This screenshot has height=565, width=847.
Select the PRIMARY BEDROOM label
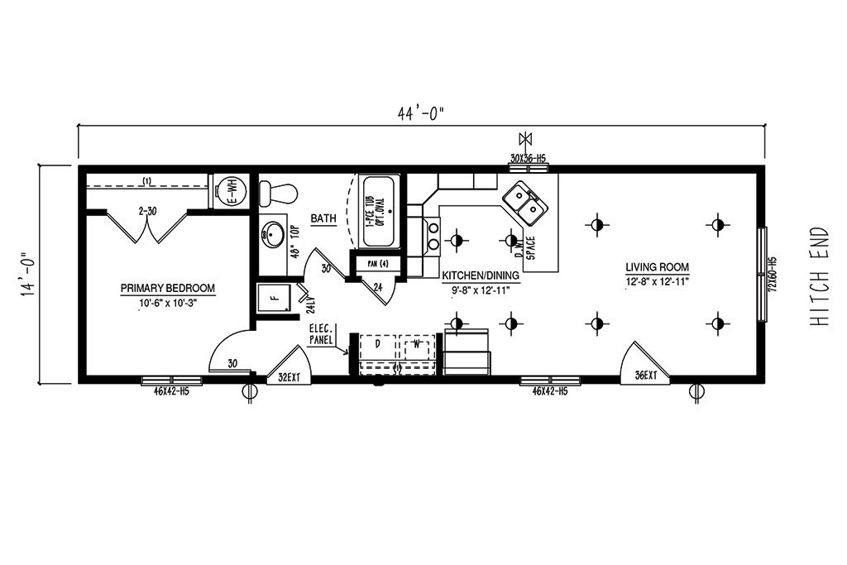(167, 289)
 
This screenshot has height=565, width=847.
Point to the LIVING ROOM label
(657, 267)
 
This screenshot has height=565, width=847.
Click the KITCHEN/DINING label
(481, 275)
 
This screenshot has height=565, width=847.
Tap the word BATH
(323, 218)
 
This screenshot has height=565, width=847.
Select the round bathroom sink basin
(271, 235)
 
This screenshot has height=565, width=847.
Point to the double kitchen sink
(523, 203)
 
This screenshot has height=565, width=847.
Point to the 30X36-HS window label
(529, 158)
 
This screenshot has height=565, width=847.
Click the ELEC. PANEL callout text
(321, 334)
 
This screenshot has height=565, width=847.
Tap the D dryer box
(378, 342)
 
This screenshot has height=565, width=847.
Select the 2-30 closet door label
(148, 211)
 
